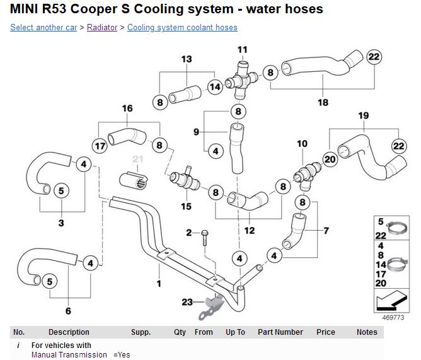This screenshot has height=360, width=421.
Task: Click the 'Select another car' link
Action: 43,28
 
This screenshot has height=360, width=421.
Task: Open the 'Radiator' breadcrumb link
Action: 102,28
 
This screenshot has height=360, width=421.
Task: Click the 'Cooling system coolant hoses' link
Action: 182,28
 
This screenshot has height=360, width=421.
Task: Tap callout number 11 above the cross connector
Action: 243,49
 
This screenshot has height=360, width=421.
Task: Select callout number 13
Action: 187,59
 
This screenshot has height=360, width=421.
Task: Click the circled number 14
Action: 216,87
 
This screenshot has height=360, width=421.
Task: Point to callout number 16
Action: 127,108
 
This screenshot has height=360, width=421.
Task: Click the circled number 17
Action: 100,145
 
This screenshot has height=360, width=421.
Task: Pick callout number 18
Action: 323,102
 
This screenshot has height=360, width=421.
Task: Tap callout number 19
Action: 363,115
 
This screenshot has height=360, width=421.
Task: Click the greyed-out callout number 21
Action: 138,158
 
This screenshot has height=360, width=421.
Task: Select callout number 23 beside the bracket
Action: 187,303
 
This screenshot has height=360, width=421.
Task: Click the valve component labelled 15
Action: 185,183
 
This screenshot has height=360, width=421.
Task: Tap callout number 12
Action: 250,230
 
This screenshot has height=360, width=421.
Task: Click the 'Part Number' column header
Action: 280,332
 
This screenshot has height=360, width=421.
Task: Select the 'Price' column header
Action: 326,332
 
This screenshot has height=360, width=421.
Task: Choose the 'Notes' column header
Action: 366,332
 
